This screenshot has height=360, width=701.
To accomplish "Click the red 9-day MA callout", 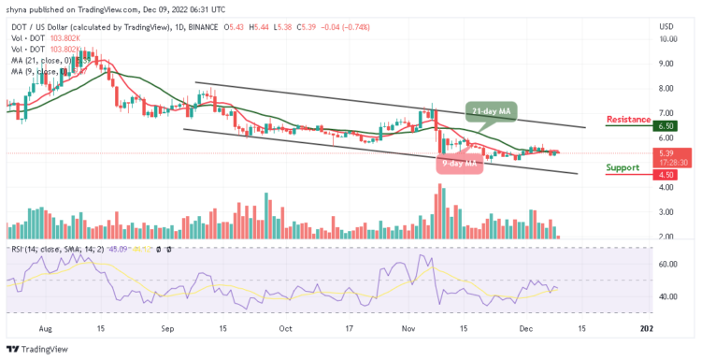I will [458, 164].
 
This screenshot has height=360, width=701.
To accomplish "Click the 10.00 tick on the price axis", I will [666, 39].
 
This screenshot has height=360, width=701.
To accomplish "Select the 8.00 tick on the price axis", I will [666, 89].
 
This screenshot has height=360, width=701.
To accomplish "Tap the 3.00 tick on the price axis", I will [666, 212].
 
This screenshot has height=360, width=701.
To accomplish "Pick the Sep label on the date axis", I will [168, 329].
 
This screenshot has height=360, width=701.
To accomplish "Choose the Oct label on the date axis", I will [285, 329].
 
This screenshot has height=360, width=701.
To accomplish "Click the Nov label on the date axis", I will [408, 329].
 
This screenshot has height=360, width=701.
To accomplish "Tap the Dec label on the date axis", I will [526, 329].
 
